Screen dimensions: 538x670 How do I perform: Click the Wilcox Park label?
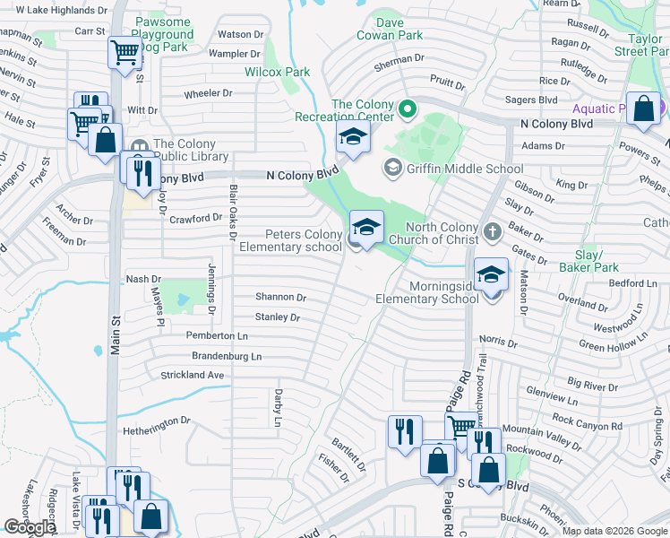278,72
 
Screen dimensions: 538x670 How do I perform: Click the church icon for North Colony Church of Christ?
492,232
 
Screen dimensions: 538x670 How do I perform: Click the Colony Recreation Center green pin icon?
408,110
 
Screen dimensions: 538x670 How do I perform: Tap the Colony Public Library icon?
140,147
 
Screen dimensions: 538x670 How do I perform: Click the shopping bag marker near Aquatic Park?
643,108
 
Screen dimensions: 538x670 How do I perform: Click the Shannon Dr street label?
280,298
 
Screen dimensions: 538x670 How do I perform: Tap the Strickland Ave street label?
192,375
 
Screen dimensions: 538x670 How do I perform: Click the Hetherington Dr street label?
157,420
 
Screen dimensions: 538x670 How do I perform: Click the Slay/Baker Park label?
588,261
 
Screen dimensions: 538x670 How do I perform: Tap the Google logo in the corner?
30,527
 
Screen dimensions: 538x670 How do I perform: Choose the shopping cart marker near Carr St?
124,52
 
